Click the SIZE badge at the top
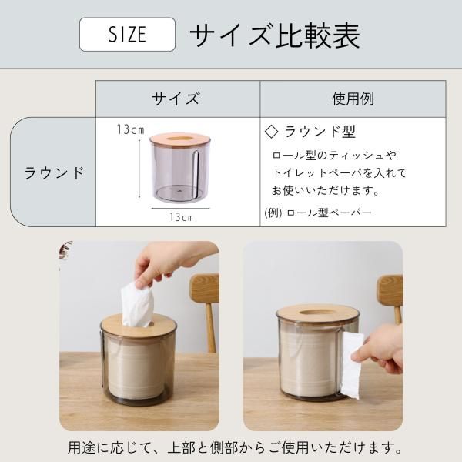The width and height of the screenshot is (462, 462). (x=127, y=35)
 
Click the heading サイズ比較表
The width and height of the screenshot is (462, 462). (x=275, y=35)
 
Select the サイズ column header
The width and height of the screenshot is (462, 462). (x=176, y=99)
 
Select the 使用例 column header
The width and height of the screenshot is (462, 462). (x=353, y=99)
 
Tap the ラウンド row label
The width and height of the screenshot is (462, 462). (x=54, y=172)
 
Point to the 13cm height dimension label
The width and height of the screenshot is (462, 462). (x=131, y=129)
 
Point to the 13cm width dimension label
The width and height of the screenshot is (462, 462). (x=181, y=217)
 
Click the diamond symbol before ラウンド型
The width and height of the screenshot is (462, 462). (x=271, y=132)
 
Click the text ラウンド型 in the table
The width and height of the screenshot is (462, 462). (x=320, y=132)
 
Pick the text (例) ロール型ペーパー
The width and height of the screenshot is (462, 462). (x=318, y=213)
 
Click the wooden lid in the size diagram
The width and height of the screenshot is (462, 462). (x=180, y=139)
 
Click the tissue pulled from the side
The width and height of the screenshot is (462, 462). (x=352, y=364)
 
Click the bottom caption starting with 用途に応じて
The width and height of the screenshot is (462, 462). (x=235, y=447)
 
